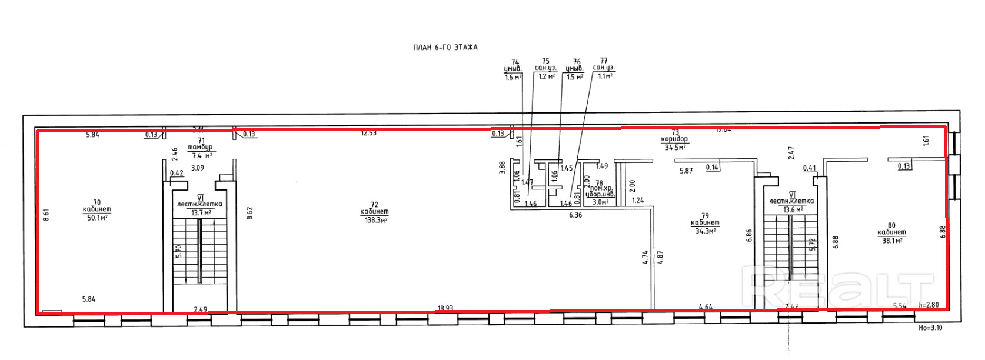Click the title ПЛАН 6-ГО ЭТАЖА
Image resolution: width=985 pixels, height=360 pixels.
[x=445, y=48]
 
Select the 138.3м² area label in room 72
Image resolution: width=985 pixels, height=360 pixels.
[x=374, y=220]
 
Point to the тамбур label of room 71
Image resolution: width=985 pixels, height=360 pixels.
[x=200, y=148]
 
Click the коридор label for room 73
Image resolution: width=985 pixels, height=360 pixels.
[x=674, y=139]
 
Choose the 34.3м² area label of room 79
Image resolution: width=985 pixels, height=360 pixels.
[x=705, y=231]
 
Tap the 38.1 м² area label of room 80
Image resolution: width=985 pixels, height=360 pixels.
[x=892, y=240]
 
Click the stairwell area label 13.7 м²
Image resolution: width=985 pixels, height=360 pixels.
[x=200, y=212]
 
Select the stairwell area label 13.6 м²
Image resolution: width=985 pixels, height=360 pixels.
[x=791, y=209]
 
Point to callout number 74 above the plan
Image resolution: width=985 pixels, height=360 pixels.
[x=515, y=62]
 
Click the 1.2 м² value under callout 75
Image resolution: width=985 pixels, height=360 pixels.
[x=545, y=76]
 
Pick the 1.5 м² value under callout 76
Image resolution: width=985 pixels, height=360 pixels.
[x=574, y=77]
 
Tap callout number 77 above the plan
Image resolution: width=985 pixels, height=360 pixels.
[x=604, y=61]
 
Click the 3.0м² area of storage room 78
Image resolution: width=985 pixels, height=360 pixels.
[x=600, y=202]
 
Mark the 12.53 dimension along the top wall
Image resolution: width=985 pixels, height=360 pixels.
[x=369, y=133]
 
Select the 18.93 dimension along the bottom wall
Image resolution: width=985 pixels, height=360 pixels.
[x=445, y=308]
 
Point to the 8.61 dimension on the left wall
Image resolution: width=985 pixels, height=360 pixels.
[x=46, y=215]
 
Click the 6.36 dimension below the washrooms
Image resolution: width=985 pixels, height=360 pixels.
[x=575, y=215]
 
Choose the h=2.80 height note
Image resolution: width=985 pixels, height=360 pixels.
[x=929, y=305]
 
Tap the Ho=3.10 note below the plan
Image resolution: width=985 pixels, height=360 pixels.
[x=930, y=328]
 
